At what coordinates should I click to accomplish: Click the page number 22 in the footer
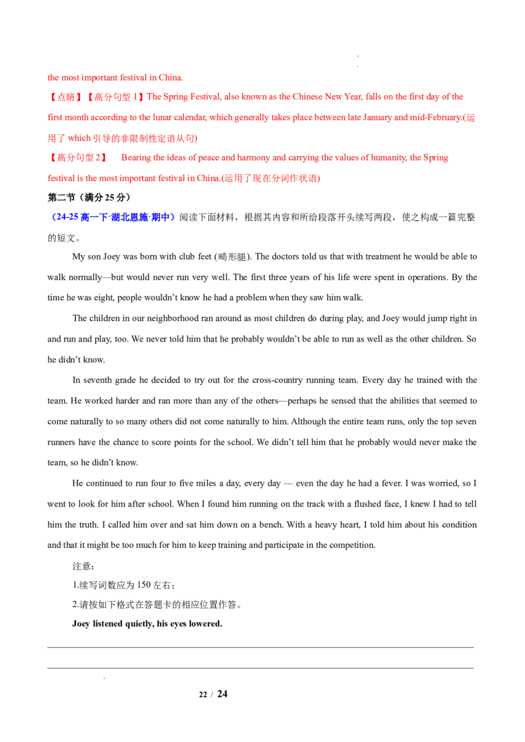tap(203, 695)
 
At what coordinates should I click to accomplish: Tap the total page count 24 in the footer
tap(222, 693)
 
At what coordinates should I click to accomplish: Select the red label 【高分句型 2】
tap(78, 157)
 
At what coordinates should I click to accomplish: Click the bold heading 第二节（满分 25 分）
tap(89, 197)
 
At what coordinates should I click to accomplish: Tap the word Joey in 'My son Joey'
tap(112, 256)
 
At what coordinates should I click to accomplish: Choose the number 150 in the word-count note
tap(144, 585)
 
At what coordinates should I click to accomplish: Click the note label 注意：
tap(83, 566)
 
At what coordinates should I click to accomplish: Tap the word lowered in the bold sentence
tap(205, 624)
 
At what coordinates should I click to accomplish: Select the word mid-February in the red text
tap(436, 117)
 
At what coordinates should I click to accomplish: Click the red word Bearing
tap(136, 157)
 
